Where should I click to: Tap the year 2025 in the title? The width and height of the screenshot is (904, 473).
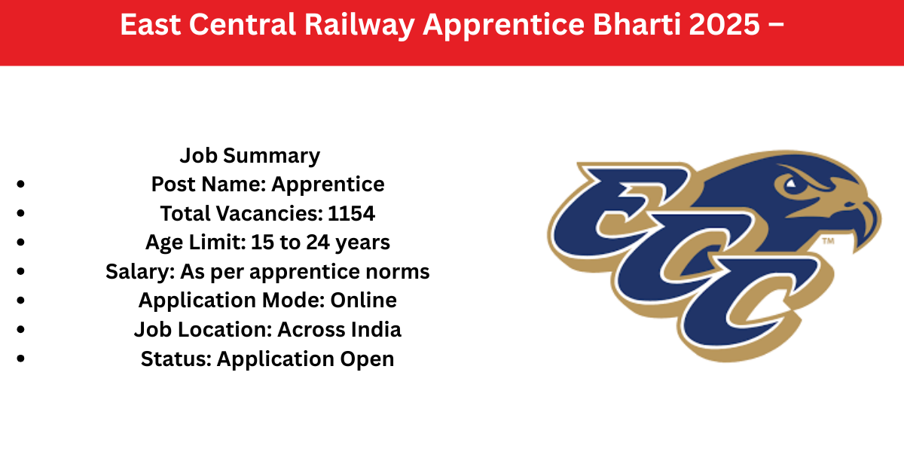725,24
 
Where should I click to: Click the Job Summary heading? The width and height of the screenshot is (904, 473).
250,156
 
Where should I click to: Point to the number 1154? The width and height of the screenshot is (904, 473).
351,213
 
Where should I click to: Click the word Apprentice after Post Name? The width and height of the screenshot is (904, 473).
328,185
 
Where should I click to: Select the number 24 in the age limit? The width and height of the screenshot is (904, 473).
318,243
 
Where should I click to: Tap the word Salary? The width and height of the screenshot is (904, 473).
140,272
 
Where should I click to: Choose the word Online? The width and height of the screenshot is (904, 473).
363,301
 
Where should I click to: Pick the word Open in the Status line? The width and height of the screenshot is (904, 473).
367,359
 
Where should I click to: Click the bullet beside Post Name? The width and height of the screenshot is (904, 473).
21,185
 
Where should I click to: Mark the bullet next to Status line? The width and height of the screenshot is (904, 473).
21,359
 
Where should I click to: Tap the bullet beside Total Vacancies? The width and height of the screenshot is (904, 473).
21,213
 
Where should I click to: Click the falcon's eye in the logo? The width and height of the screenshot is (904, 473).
791,184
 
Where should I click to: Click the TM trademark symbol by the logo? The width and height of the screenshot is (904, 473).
828,241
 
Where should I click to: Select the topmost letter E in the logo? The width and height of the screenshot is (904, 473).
618,210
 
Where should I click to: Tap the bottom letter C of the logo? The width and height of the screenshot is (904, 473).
750,303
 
